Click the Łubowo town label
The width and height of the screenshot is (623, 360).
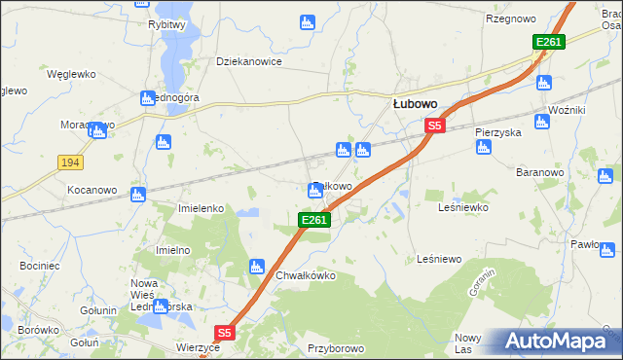(x=414, y=101)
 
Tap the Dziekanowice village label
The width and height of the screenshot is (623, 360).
(x=248, y=61)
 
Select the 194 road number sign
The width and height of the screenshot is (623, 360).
(x=68, y=162)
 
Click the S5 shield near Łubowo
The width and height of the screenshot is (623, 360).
(x=434, y=126)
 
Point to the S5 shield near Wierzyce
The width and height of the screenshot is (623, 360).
(x=225, y=333)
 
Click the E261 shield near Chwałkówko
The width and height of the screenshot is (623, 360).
(x=314, y=222)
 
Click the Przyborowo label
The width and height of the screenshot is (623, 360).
(x=334, y=346)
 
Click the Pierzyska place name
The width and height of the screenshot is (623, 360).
(x=498, y=131)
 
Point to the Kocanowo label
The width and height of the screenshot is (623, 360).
(x=92, y=190)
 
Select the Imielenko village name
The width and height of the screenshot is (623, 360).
(x=202, y=208)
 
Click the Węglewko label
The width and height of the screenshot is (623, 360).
(x=69, y=73)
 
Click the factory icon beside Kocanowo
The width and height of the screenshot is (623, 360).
(x=138, y=194)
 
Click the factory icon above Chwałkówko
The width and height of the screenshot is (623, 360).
(x=257, y=265)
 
